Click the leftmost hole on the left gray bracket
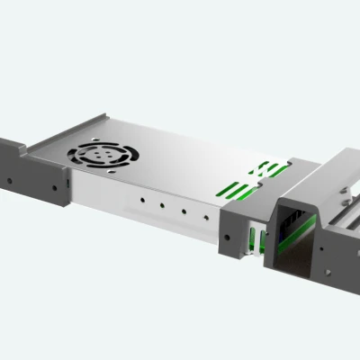point(10,179)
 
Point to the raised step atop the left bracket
point(11,144)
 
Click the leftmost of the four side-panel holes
point(141,199)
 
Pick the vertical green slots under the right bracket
point(255,238)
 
